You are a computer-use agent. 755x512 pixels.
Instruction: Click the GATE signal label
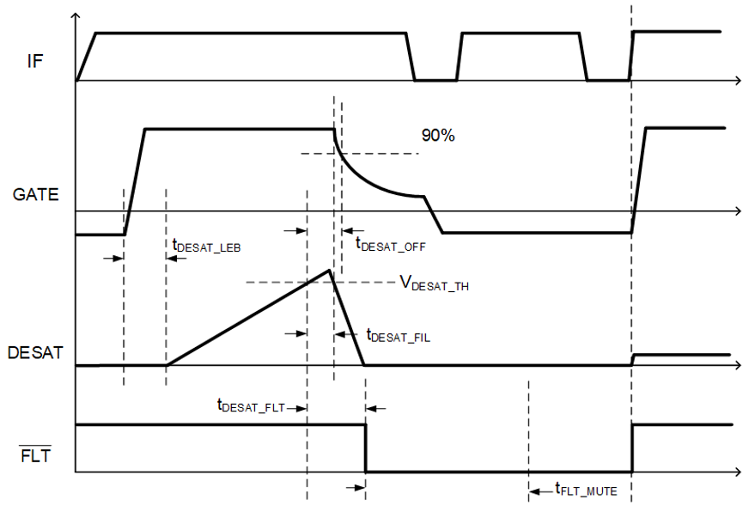tap(36, 195)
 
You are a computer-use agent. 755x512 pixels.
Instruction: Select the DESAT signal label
tap(34, 352)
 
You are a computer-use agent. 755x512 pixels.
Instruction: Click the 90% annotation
tap(437, 135)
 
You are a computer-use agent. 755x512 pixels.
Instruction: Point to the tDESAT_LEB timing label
tap(206, 246)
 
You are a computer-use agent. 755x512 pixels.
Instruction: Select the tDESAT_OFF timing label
tap(391, 243)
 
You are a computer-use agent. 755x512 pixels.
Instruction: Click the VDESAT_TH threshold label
tap(434, 284)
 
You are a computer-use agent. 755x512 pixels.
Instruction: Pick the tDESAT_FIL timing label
tap(398, 336)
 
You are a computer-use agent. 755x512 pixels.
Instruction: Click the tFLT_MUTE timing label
tap(586, 491)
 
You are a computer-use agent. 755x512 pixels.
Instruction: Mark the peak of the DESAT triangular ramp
tap(330, 271)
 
